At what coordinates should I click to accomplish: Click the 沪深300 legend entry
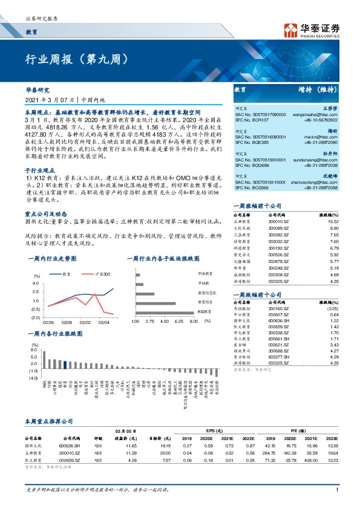click(102, 274)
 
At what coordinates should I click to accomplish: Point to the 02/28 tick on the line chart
click(67, 323)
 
